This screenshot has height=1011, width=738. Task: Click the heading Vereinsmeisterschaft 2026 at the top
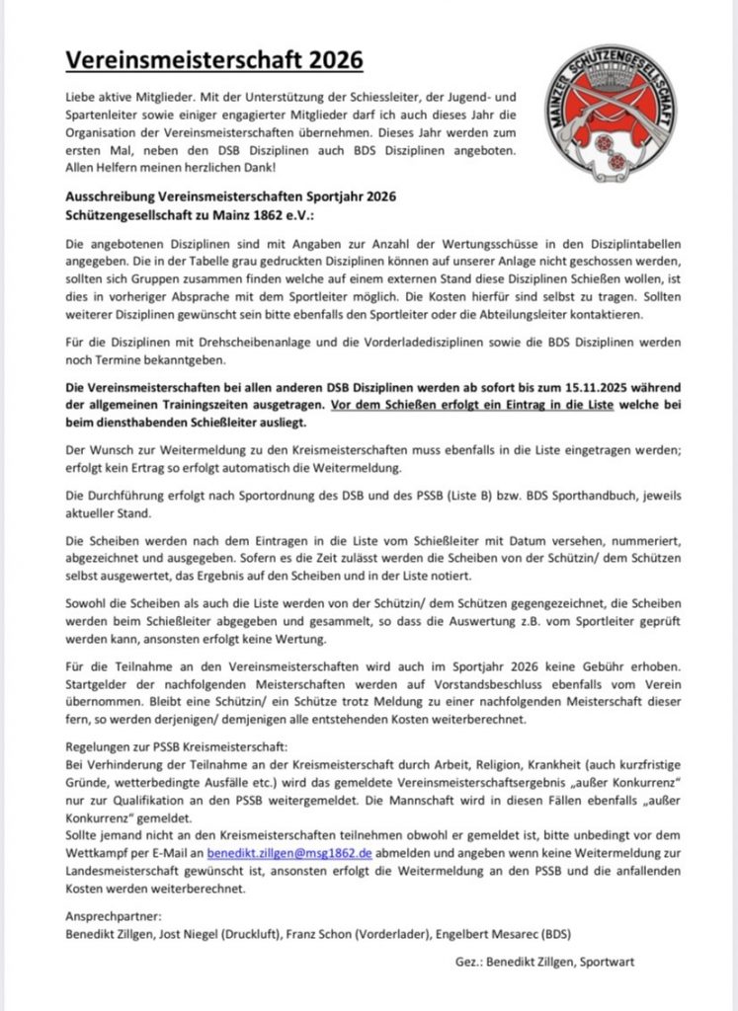[214, 61]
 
